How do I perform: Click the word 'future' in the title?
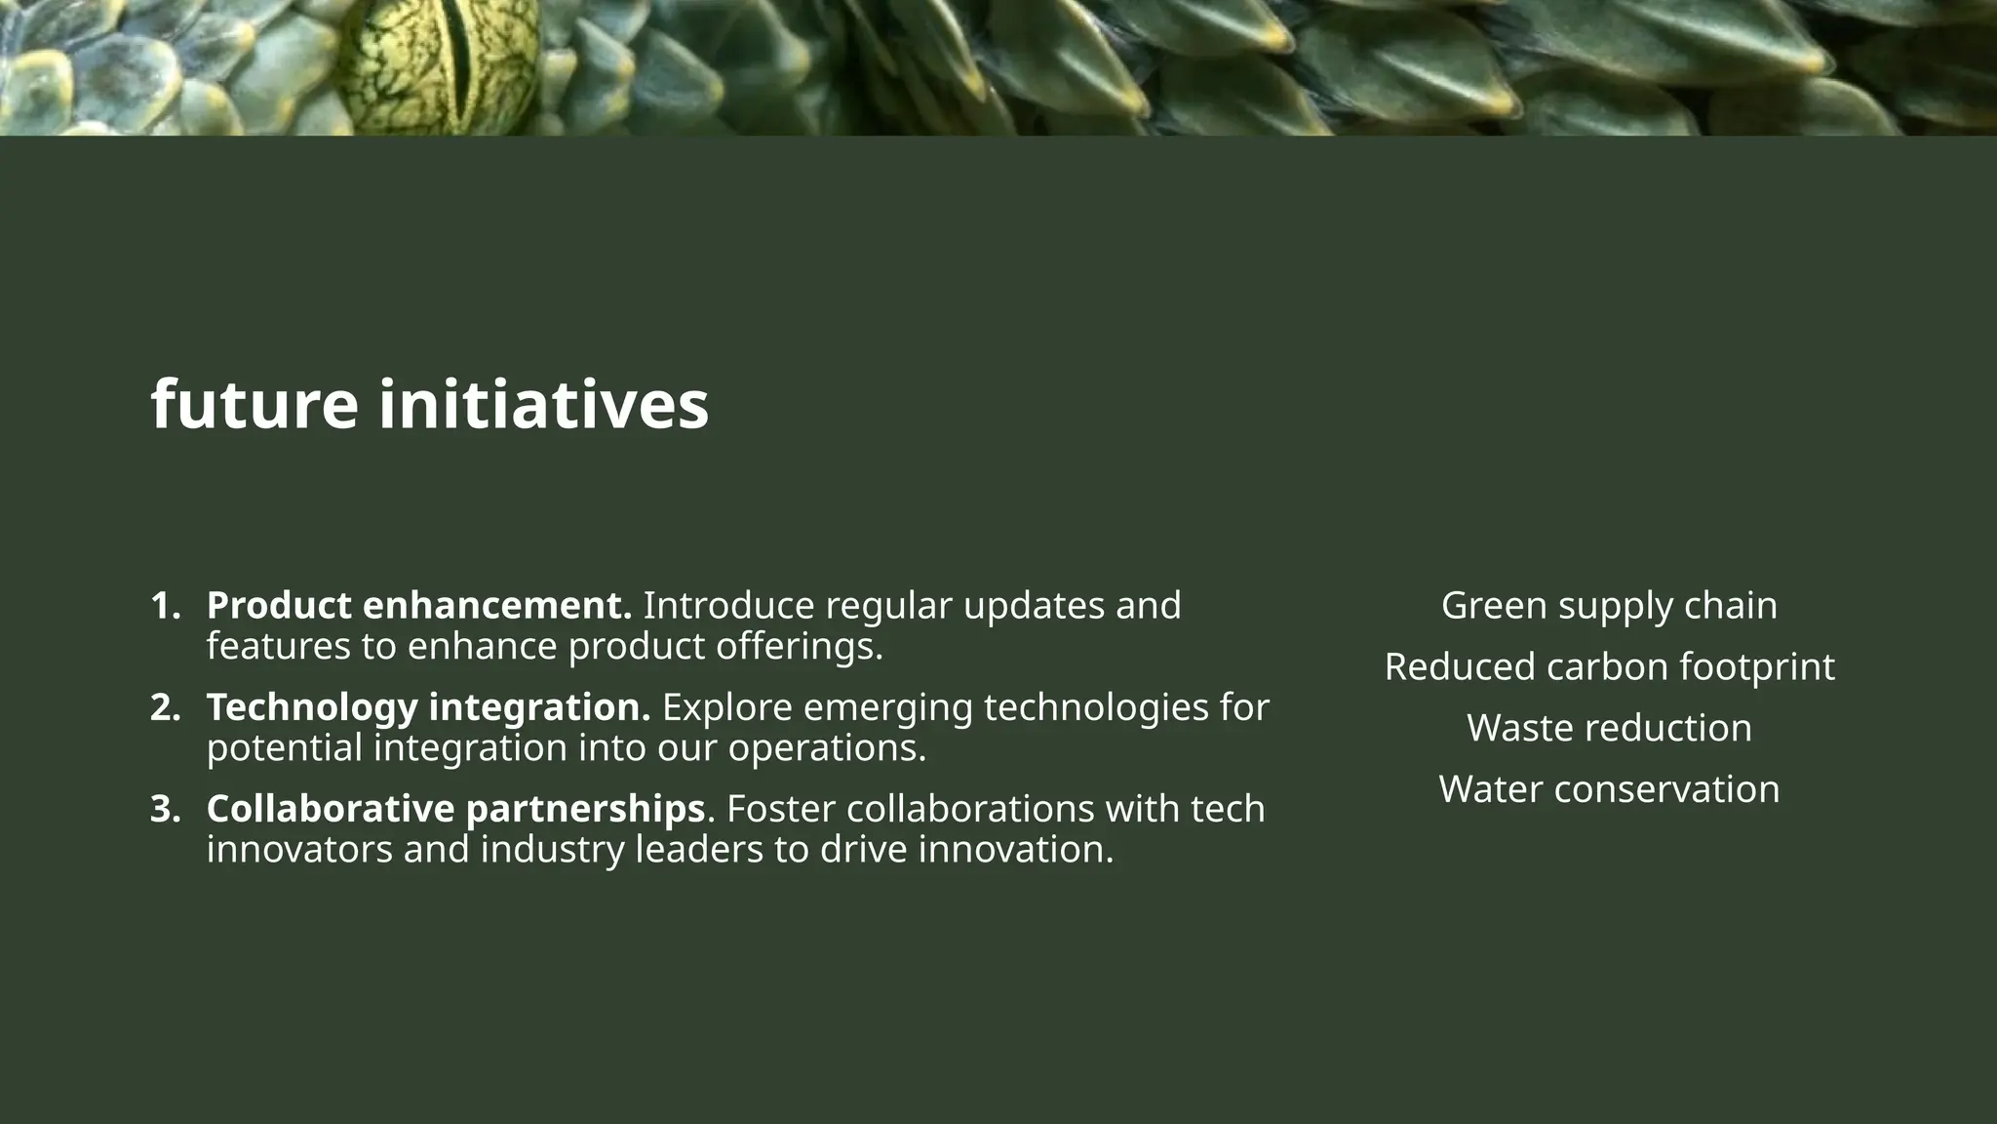[255, 405]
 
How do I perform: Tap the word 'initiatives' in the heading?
[543, 405]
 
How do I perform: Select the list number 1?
[165, 606]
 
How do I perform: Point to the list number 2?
[165, 707]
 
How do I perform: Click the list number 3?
[165, 809]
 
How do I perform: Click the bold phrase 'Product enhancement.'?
[419, 606]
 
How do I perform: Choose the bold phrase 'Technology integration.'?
[428, 707]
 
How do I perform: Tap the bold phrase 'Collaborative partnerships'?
[455, 809]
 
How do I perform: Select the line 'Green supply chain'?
[1609, 606]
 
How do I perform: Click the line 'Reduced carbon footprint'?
[1609, 667]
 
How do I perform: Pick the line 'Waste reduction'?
[1609, 728]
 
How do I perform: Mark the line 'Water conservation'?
[1609, 789]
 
